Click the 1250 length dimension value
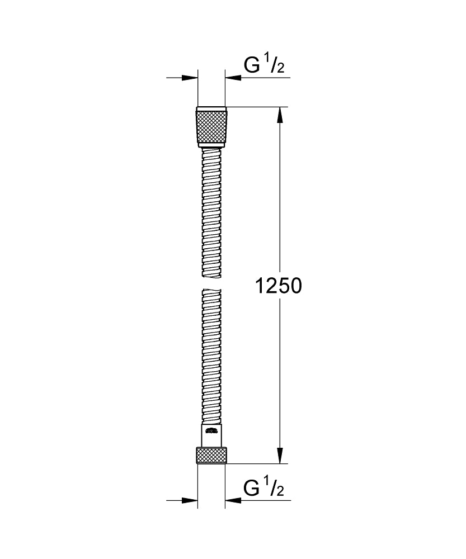point(278,286)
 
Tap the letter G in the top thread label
point(252,65)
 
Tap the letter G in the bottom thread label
point(252,488)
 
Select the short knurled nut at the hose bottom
point(211,455)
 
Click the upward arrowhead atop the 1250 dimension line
point(280,115)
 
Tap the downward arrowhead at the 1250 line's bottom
point(280,456)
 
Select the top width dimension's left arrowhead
point(190,78)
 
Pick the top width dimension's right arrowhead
point(233,78)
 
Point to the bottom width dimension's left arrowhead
point(190,500)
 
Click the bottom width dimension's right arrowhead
point(233,500)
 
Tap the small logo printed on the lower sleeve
point(211,430)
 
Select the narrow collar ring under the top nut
point(211,146)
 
